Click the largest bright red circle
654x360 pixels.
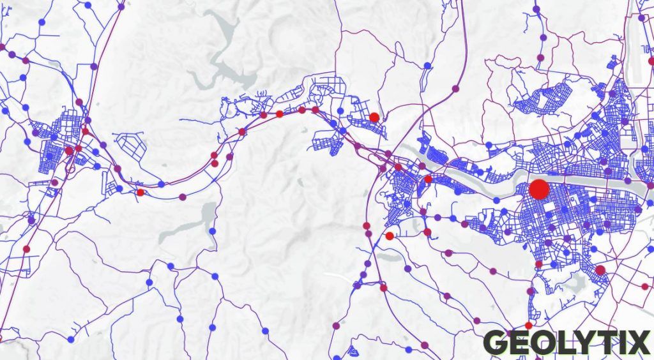(539, 190)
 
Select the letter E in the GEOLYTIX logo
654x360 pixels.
(518, 343)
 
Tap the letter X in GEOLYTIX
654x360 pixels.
(637, 343)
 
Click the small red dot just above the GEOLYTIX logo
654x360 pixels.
(528, 326)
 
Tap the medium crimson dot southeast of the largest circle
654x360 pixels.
(600, 270)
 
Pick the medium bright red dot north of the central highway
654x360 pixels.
(374, 117)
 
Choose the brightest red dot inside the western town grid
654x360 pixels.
(68, 151)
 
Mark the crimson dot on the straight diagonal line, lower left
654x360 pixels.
(26, 249)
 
